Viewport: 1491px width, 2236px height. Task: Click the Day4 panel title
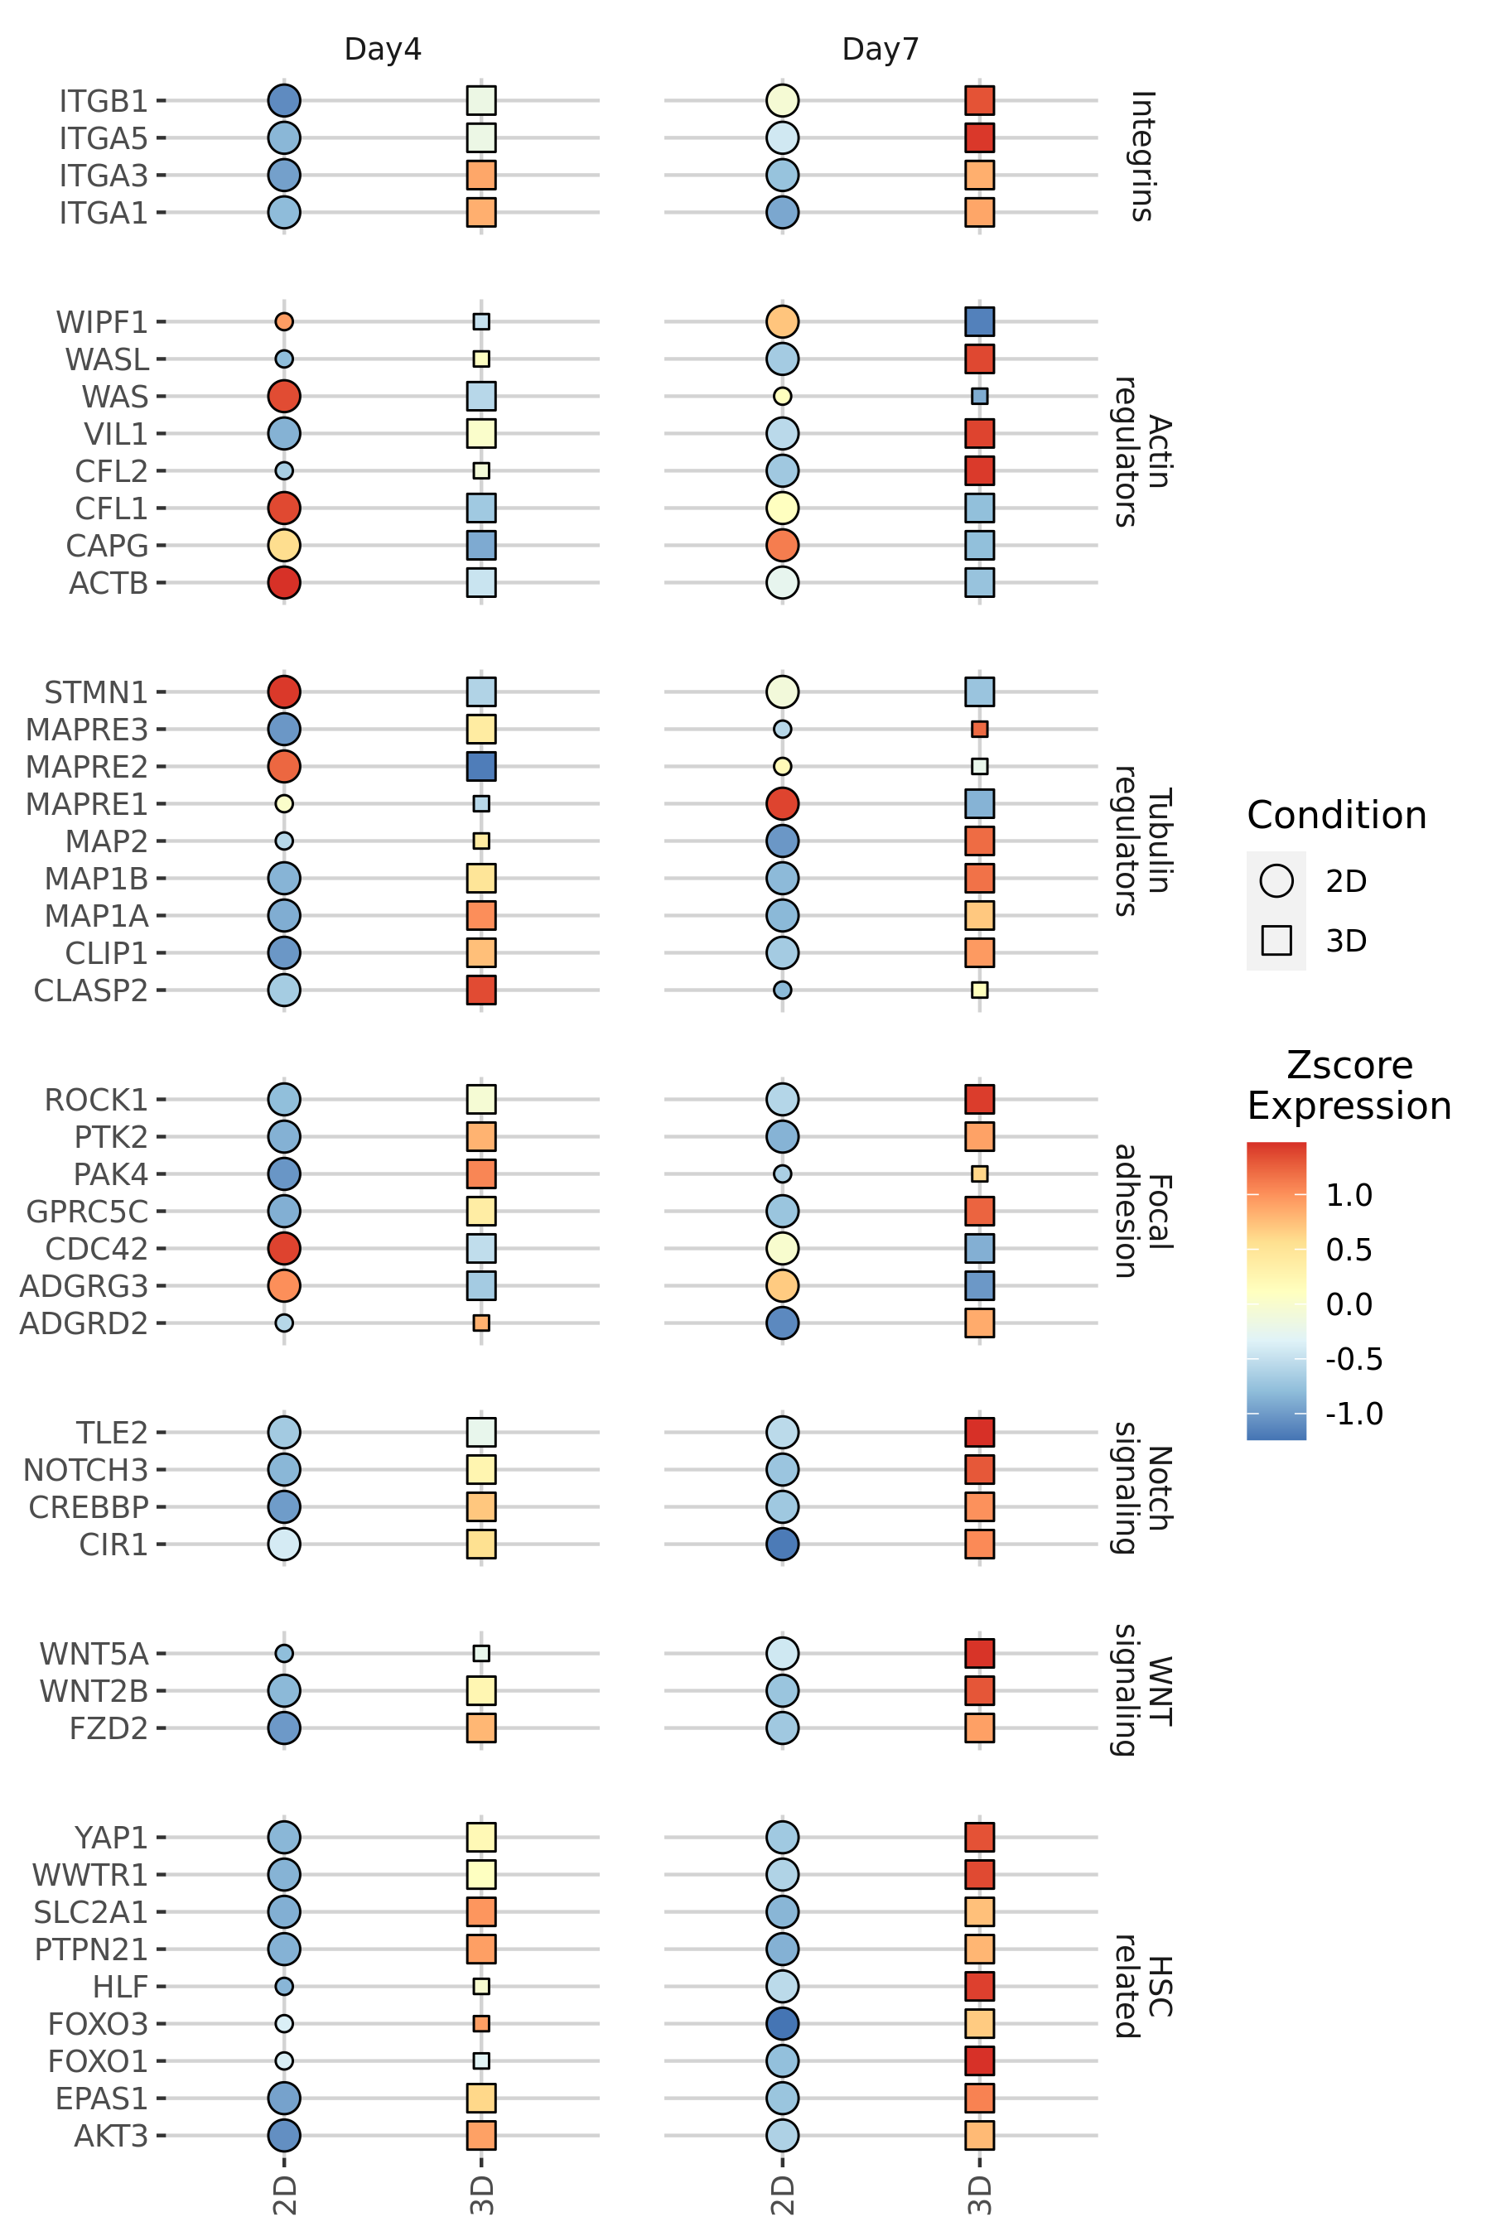coord(382,49)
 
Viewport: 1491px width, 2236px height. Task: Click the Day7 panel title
coord(881,49)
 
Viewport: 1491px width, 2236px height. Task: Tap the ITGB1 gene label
coord(103,101)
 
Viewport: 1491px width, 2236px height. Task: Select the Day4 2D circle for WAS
coord(284,397)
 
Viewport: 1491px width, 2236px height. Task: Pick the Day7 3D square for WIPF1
coord(979,321)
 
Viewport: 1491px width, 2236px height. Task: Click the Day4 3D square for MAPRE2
coord(481,766)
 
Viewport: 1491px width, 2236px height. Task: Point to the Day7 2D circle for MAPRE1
coord(783,804)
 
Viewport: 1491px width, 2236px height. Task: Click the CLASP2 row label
coord(90,990)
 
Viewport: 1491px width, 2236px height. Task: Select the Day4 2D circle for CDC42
coord(284,1248)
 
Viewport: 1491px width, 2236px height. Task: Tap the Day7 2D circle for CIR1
coord(783,1544)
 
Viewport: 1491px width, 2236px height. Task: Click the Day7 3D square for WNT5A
coord(979,1653)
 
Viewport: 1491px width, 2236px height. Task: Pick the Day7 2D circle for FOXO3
coord(783,2024)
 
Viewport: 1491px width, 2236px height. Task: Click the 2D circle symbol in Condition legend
coord(1276,881)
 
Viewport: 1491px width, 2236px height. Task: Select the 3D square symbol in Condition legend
coord(1276,940)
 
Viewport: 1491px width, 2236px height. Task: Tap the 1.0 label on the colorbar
coord(1349,1196)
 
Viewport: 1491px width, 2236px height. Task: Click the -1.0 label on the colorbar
coord(1354,1414)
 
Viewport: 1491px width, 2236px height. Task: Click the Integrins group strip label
coord(1142,156)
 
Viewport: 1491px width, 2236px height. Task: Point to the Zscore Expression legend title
coord(1349,1086)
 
